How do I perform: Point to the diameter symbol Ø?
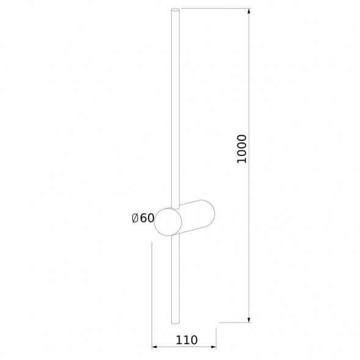point(135,218)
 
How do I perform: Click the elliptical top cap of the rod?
point(177,10)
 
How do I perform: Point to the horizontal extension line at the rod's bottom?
point(235,321)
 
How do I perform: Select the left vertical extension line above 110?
point(152,293)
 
